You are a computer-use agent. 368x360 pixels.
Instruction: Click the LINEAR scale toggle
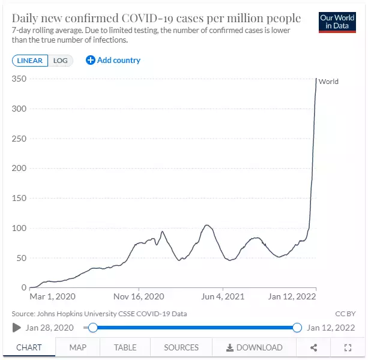tap(29, 61)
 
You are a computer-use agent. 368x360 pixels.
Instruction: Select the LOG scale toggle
tap(61, 61)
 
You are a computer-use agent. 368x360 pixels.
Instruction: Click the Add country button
tap(113, 60)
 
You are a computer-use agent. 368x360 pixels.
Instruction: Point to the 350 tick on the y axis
tap(20, 79)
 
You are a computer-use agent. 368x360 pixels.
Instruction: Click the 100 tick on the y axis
tap(20, 228)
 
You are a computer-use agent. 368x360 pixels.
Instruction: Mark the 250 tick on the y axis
tap(20, 139)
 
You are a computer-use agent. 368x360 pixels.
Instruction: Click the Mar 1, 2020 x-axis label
tap(53, 296)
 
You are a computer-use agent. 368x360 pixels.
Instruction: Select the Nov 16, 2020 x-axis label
tap(139, 296)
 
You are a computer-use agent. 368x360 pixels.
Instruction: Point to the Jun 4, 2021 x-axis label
tap(222, 296)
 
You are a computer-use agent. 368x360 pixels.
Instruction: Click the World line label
tap(328, 82)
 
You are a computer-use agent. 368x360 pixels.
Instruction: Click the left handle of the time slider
tap(92, 328)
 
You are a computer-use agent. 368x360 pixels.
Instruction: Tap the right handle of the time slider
tap(297, 328)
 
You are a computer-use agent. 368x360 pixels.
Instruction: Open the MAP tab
tap(78, 347)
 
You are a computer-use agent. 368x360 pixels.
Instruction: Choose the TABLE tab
tap(125, 347)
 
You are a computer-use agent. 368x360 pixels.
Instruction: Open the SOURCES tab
tap(181, 347)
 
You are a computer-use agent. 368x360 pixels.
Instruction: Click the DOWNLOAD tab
tap(255, 347)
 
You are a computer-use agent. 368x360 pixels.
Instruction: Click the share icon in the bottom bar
tap(314, 347)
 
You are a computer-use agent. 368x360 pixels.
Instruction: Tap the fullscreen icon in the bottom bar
tap(348, 347)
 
